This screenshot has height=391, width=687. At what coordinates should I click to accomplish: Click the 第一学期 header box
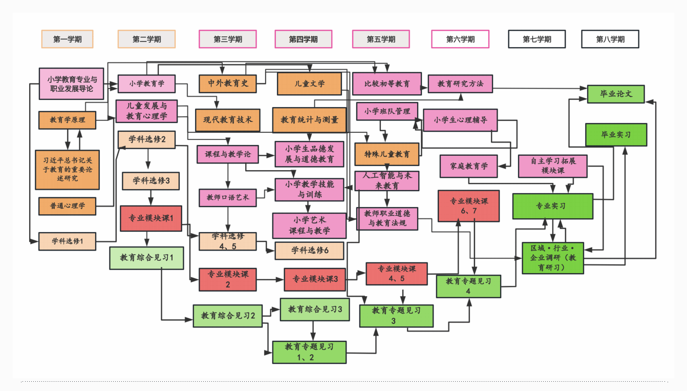[67, 39]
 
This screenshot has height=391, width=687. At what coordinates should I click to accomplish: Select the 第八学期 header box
[610, 39]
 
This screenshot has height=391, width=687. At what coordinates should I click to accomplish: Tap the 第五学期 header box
[381, 39]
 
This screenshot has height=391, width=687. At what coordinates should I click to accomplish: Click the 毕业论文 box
[615, 94]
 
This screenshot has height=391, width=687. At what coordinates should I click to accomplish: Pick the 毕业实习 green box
[616, 135]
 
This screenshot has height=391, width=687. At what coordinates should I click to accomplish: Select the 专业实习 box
[552, 206]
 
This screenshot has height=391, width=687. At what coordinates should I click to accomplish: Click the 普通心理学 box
[67, 206]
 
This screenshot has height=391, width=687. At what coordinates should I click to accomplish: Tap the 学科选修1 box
[67, 241]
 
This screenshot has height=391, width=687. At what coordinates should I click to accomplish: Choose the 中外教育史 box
[227, 84]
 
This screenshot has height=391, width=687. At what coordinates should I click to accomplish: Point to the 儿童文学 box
[309, 84]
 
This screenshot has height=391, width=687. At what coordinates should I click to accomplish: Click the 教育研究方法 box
[460, 84]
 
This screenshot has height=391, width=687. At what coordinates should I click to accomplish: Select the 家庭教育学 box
[468, 166]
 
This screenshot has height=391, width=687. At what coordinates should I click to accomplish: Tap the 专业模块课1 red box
[151, 218]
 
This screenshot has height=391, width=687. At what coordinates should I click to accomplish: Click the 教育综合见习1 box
[146, 258]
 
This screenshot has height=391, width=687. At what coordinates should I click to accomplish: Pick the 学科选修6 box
[309, 251]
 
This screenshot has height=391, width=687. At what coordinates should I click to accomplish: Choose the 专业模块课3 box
[315, 279]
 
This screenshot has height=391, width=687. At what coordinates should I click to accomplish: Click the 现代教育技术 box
[227, 120]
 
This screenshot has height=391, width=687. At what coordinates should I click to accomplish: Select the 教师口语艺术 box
[227, 197]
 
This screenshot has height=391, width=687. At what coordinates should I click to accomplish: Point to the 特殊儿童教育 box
[387, 154]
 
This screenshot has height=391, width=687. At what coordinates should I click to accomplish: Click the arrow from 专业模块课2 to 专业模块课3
[270, 280]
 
